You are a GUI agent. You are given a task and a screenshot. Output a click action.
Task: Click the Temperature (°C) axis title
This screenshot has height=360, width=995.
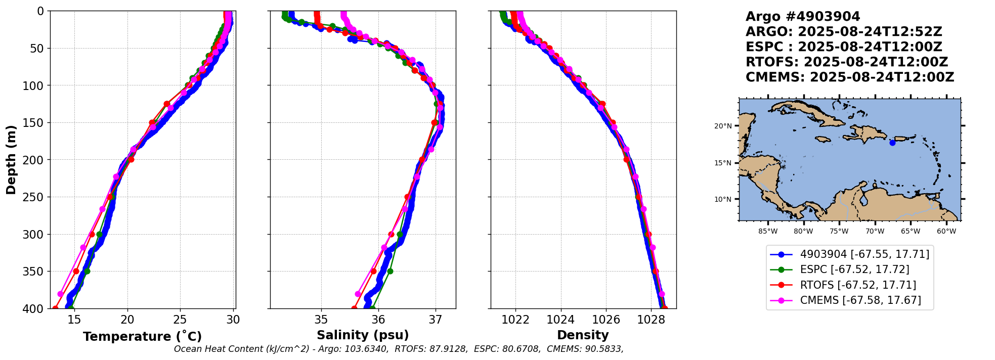pos(142,337)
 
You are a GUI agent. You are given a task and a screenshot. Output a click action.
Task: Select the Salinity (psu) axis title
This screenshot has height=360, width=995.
pos(363,335)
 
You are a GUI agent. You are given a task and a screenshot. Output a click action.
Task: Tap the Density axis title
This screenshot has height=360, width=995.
pos(583,335)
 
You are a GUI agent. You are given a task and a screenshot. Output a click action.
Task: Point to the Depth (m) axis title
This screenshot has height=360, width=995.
pos(11,160)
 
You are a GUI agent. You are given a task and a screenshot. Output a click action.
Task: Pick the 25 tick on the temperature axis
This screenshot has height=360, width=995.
pos(180,320)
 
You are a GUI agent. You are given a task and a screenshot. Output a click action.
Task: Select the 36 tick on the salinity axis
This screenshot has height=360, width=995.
pos(378,320)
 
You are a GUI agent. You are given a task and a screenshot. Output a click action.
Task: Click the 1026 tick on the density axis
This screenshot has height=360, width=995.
pos(606,320)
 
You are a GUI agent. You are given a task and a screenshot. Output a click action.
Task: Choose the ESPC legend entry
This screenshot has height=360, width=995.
pos(854,269)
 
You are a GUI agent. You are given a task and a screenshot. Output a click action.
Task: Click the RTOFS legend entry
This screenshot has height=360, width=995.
pos(858,285)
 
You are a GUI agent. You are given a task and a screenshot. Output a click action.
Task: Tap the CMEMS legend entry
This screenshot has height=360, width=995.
pos(860,300)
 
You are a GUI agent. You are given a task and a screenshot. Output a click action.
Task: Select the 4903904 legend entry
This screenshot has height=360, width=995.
pos(864,254)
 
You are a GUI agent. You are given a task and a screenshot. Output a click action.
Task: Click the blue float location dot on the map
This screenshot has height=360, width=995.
pos(892,143)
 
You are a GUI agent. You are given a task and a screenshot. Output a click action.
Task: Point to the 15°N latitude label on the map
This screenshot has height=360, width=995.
pos(723,163)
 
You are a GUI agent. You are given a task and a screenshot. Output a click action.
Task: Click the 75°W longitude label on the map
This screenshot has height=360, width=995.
pos(839,232)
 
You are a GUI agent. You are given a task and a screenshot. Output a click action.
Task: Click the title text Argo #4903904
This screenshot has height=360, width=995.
pos(802,17)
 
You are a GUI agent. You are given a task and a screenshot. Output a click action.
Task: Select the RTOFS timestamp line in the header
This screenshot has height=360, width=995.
pos(846,62)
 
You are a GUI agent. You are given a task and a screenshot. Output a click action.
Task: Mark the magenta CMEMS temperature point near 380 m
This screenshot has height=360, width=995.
pos(61,294)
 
